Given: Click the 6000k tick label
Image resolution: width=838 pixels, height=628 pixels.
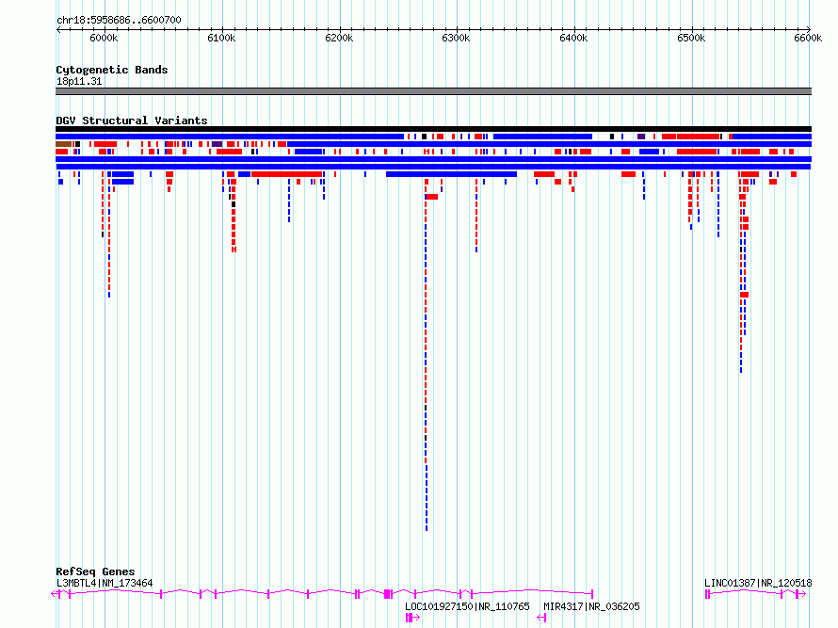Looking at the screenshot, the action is pos(104,38).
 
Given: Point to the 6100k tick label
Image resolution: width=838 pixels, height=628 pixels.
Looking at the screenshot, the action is pos(221,38).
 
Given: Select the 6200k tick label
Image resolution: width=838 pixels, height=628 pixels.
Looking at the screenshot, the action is pos(339,38).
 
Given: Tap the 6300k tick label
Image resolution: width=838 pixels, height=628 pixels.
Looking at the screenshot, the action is pos(456,38).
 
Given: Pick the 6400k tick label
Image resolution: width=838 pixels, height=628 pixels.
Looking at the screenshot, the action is pos(573,38).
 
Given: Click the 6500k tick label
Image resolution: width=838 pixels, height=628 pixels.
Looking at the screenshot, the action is pos(691,38).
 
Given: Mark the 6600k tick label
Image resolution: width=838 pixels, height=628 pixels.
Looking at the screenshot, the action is pos(808,38).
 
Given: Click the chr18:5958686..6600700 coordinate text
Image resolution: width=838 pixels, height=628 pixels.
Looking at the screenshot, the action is pos(119,21).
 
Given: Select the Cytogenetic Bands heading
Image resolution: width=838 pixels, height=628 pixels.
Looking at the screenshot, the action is pos(112,70).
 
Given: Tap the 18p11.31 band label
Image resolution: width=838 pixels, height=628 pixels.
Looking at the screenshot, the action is pos(79,81).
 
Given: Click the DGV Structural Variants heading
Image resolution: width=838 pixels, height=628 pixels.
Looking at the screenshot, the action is pos(132,121).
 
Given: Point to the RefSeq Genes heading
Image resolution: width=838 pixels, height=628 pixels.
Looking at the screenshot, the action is pos(95,572).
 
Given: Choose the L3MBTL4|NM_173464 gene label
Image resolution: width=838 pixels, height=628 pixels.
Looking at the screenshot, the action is pos(105,583).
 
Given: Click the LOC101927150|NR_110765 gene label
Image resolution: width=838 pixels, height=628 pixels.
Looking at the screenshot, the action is pos(467,606).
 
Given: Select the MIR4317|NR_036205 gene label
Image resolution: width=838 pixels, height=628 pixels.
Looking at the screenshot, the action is pos(591,606).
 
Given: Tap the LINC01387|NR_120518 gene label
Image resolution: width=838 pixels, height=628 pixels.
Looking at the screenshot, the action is pos(758,583).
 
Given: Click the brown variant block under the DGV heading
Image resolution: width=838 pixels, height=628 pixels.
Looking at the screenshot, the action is pos(64,144).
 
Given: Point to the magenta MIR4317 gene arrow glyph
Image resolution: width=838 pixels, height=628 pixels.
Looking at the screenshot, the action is pos(541,618).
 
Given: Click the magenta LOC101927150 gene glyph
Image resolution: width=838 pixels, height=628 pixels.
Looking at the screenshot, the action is pos(412,618).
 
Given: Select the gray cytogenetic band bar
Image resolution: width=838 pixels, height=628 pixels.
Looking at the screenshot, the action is pos(433,91).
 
